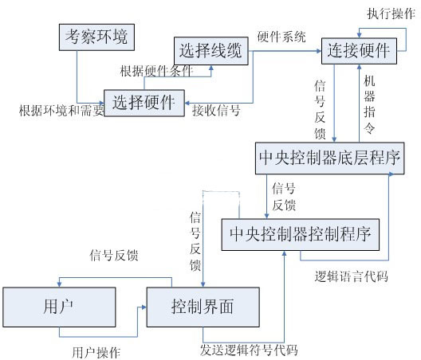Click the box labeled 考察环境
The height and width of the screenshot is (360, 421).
[x=96, y=37]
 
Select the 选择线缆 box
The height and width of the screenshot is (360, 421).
[x=211, y=51]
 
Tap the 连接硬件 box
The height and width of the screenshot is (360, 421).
[x=359, y=51]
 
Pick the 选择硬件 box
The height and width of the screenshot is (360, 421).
[x=144, y=103]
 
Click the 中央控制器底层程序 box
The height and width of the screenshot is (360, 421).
[x=330, y=158]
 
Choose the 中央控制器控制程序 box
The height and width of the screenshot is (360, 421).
[x=300, y=235]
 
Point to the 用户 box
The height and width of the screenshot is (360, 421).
[x=59, y=307]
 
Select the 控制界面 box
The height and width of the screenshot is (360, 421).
[x=203, y=307]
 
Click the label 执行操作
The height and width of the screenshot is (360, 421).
[x=391, y=14]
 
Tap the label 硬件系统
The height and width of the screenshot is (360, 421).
[x=281, y=37]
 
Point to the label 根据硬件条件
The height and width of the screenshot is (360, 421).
[x=156, y=72]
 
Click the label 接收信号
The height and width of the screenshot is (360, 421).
[x=216, y=110]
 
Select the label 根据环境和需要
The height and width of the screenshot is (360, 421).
[x=61, y=111]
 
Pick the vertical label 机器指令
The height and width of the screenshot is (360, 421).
[x=369, y=104]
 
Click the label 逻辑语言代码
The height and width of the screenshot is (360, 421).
[x=351, y=276]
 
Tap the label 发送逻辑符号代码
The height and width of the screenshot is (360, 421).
[x=249, y=350]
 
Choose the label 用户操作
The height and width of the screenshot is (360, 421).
[x=96, y=353]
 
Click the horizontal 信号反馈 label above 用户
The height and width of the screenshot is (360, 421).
[x=114, y=256]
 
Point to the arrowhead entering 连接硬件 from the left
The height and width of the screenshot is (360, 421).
[x=319, y=51]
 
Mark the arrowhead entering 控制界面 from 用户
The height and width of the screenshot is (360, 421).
[x=144, y=307]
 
